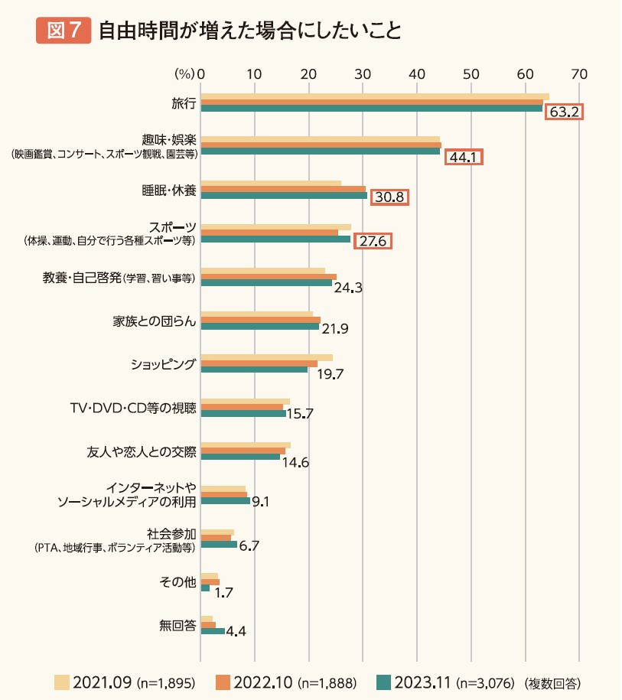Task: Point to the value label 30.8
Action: pyautogui.click(x=389, y=197)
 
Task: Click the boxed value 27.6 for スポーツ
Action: pyautogui.click(x=374, y=242)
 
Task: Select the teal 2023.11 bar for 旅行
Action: pyautogui.click(x=371, y=108)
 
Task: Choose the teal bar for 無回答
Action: pyautogui.click(x=213, y=631)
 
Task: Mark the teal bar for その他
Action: pyautogui.click(x=205, y=588)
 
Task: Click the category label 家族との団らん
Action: pyautogui.click(x=155, y=321)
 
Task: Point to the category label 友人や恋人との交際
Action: pyautogui.click(x=142, y=451)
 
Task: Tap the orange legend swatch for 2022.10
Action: pyautogui.click(x=223, y=681)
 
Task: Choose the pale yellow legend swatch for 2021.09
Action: pyautogui.click(x=63, y=681)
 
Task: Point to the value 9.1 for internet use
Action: pyautogui.click(x=262, y=503)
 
